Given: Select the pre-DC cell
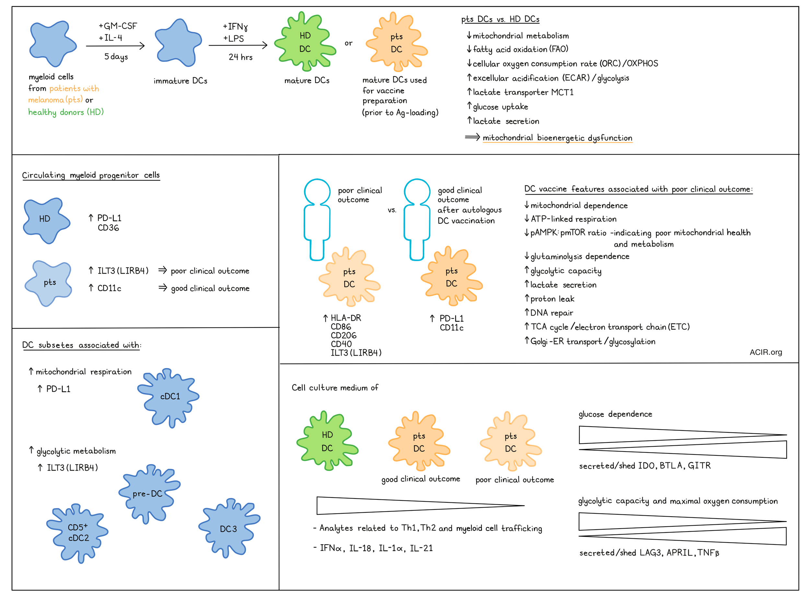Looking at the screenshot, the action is tap(149, 494).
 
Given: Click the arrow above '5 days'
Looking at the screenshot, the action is tap(115, 46).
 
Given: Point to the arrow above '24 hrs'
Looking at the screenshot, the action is tap(238, 45).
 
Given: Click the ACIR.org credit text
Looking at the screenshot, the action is tap(766, 352).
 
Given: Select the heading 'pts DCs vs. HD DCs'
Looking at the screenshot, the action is tap(500, 19).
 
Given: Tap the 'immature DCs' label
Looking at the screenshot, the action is tap(180, 81).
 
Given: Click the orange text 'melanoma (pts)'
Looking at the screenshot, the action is tap(56, 100).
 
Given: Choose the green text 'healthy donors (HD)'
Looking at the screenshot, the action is tap(66, 112).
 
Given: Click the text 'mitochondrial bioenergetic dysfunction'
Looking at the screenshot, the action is tap(557, 138).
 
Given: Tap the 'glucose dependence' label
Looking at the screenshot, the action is tap(615, 414).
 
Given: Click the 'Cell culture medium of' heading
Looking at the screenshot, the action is tap(335, 387).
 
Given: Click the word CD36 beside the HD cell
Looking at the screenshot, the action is tap(109, 228).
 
